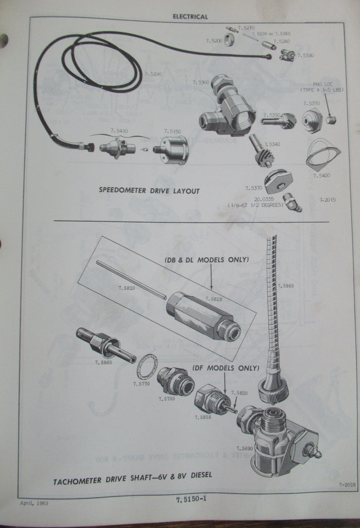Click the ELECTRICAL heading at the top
(x=190, y=16)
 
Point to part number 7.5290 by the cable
(x=153, y=74)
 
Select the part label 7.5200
(x=214, y=40)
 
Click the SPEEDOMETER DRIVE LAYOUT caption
(x=149, y=191)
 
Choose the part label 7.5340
(x=271, y=144)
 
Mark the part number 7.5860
(x=103, y=362)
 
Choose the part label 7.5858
(x=203, y=417)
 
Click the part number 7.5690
(x=244, y=448)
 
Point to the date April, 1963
(x=34, y=503)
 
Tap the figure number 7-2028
(x=347, y=485)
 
